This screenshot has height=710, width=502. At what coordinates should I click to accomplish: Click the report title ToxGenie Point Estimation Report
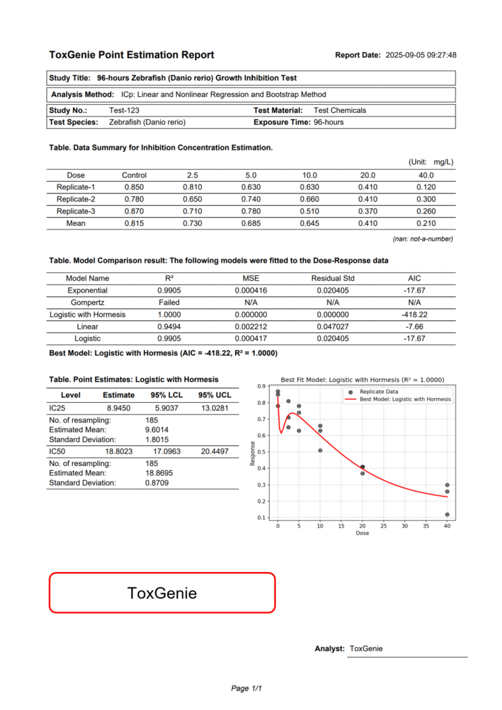[x=132, y=55]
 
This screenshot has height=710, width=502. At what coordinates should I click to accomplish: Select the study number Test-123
[x=125, y=110]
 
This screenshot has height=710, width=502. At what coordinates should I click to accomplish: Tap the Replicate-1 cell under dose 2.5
[x=193, y=187]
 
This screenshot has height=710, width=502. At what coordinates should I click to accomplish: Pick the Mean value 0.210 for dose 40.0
[x=426, y=223]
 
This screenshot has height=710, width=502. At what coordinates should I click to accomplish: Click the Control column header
[x=134, y=175]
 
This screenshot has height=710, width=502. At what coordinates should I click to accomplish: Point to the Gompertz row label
[x=87, y=302]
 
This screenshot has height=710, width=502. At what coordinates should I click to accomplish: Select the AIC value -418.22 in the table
[x=415, y=314]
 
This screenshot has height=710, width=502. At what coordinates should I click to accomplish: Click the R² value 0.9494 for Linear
[x=169, y=327]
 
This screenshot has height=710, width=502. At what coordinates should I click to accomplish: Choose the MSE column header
[x=245, y=278]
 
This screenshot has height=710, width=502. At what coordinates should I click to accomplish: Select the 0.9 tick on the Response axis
[x=262, y=386]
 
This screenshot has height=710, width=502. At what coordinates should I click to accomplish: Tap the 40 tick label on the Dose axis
[x=447, y=526]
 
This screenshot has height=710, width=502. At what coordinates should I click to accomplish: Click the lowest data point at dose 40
[x=447, y=514]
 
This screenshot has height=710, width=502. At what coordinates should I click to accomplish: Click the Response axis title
[x=253, y=451]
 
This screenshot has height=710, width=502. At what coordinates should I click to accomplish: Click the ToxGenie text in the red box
[x=162, y=593]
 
